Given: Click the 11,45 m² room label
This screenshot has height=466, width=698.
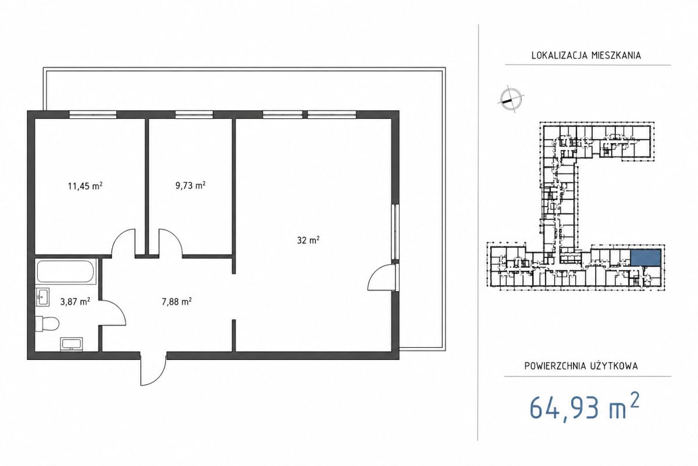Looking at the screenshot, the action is tap(86, 186).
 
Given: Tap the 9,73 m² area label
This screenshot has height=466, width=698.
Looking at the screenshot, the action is tap(190, 185).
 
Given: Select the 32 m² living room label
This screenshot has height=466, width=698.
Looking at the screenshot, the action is tap(308, 240).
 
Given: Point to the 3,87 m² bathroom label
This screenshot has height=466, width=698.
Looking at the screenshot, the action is tap(75, 302).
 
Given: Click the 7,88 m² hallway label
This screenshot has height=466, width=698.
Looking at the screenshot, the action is tap(176, 302).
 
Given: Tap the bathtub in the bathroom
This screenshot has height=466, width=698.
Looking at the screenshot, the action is tap(65, 271).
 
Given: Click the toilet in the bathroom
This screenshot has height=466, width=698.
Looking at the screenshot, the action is tap(47, 324).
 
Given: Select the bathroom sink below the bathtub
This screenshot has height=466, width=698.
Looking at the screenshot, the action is tap(42, 297).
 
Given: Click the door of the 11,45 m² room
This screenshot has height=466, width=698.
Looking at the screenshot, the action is tap(124, 242).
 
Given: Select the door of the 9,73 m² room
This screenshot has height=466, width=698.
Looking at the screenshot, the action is tap(171, 242).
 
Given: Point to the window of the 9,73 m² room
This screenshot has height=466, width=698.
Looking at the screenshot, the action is tap(194, 115).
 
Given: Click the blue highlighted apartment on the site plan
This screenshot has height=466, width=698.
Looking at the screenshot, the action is tap(645, 258).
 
